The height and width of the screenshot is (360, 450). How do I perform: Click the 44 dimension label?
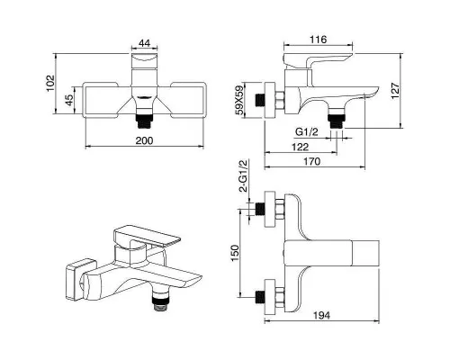click(x=144, y=43)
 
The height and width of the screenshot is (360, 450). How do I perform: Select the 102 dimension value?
click(x=50, y=84)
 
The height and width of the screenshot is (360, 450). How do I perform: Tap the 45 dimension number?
click(x=69, y=100)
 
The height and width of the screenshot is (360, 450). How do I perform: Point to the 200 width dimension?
click(x=144, y=140)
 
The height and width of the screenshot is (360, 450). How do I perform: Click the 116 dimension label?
click(x=318, y=40)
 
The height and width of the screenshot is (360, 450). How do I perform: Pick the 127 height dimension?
click(x=395, y=91)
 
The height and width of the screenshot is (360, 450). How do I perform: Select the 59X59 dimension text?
click(x=239, y=100)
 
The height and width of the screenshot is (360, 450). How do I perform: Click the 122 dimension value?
click(x=300, y=147)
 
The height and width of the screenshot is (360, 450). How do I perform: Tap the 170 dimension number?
click(x=311, y=161)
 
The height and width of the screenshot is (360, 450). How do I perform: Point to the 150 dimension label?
click(x=235, y=253)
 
